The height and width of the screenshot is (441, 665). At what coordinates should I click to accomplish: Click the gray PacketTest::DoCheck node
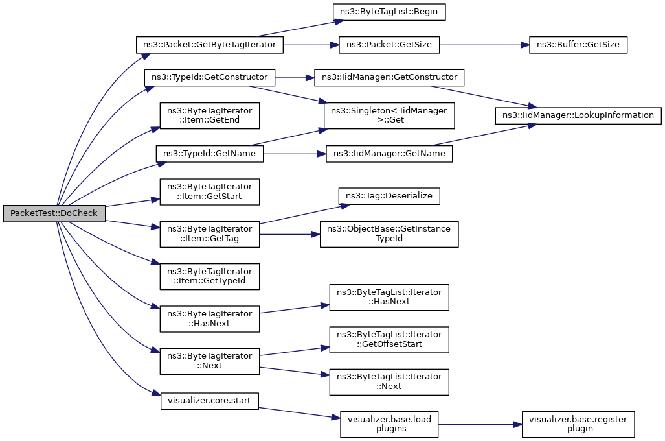coord(54,213)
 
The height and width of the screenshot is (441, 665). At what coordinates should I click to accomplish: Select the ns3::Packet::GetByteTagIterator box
coord(210,45)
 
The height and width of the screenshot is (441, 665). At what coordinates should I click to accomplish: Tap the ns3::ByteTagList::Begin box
coord(389,12)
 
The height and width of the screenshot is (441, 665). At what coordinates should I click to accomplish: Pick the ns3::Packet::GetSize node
coord(389,45)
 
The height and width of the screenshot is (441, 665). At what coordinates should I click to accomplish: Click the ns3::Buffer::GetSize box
coord(578,45)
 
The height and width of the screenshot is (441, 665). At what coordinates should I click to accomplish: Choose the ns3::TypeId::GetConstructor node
coord(210,77)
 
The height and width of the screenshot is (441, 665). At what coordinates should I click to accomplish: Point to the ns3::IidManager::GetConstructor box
coord(389,77)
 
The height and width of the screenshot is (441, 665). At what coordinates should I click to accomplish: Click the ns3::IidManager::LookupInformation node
coord(578,115)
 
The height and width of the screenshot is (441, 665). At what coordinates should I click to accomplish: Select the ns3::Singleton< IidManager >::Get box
coord(389,115)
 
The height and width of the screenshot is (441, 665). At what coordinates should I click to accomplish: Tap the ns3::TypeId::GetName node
coord(210,153)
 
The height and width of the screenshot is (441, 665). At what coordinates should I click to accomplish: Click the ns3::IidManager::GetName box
coord(389,153)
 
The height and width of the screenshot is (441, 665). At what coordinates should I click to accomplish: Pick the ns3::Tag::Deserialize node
coord(389,196)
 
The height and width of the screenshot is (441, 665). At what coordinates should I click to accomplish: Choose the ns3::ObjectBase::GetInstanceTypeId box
coord(389,234)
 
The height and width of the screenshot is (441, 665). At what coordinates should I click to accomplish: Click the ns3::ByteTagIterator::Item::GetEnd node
coord(210,115)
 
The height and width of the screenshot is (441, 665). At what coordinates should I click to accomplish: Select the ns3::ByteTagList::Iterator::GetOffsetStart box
coord(389,339)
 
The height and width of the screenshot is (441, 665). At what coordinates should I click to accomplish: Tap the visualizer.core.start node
coord(210,401)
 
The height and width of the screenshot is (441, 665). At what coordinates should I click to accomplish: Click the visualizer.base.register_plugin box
coord(578,424)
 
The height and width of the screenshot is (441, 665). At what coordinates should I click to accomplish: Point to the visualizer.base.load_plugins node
coord(389,424)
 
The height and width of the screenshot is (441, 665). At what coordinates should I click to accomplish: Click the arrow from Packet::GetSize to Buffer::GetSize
coord(484,45)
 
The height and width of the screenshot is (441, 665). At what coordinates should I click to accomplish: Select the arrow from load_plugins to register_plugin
coord(480,424)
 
